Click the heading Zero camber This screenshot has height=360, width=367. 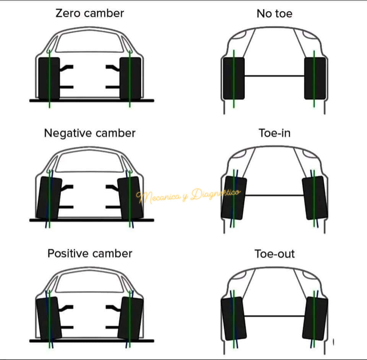tap(90, 13)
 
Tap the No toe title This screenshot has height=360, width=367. tap(274, 14)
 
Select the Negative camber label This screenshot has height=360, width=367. tap(90, 133)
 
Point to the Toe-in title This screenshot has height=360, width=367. tap(274, 133)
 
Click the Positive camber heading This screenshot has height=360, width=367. tap(90, 253)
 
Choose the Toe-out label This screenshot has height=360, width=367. tap(274, 254)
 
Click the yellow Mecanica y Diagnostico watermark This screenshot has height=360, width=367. tap(188, 195)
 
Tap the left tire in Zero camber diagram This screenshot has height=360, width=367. tap(49, 78)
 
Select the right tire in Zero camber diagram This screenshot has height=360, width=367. tap(130, 78)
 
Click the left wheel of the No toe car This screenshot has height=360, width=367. tap(234, 78)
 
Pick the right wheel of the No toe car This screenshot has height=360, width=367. tap(315, 78)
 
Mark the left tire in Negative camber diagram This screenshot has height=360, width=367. tap(49, 198)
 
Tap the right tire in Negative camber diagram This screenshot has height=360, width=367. tap(130, 198)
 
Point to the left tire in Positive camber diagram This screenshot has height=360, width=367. tap(49, 318)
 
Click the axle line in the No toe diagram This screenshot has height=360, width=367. tap(274, 76)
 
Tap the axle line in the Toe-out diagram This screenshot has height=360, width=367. tap(274, 316)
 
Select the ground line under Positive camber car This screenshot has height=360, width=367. tap(92, 341)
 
